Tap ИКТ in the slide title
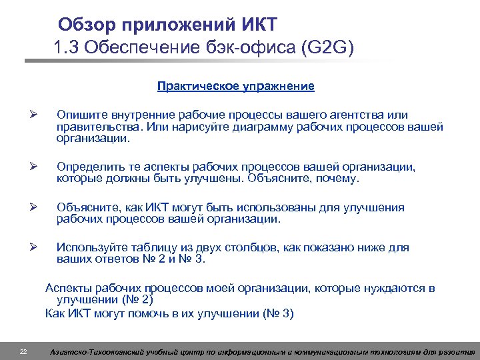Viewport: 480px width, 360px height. coord(260,25)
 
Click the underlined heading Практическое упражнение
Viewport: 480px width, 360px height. coord(235,87)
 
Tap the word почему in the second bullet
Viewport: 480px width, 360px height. coord(338,179)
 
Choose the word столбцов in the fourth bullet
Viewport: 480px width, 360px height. coord(251,247)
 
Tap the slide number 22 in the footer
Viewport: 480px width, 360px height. coord(23,351)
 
